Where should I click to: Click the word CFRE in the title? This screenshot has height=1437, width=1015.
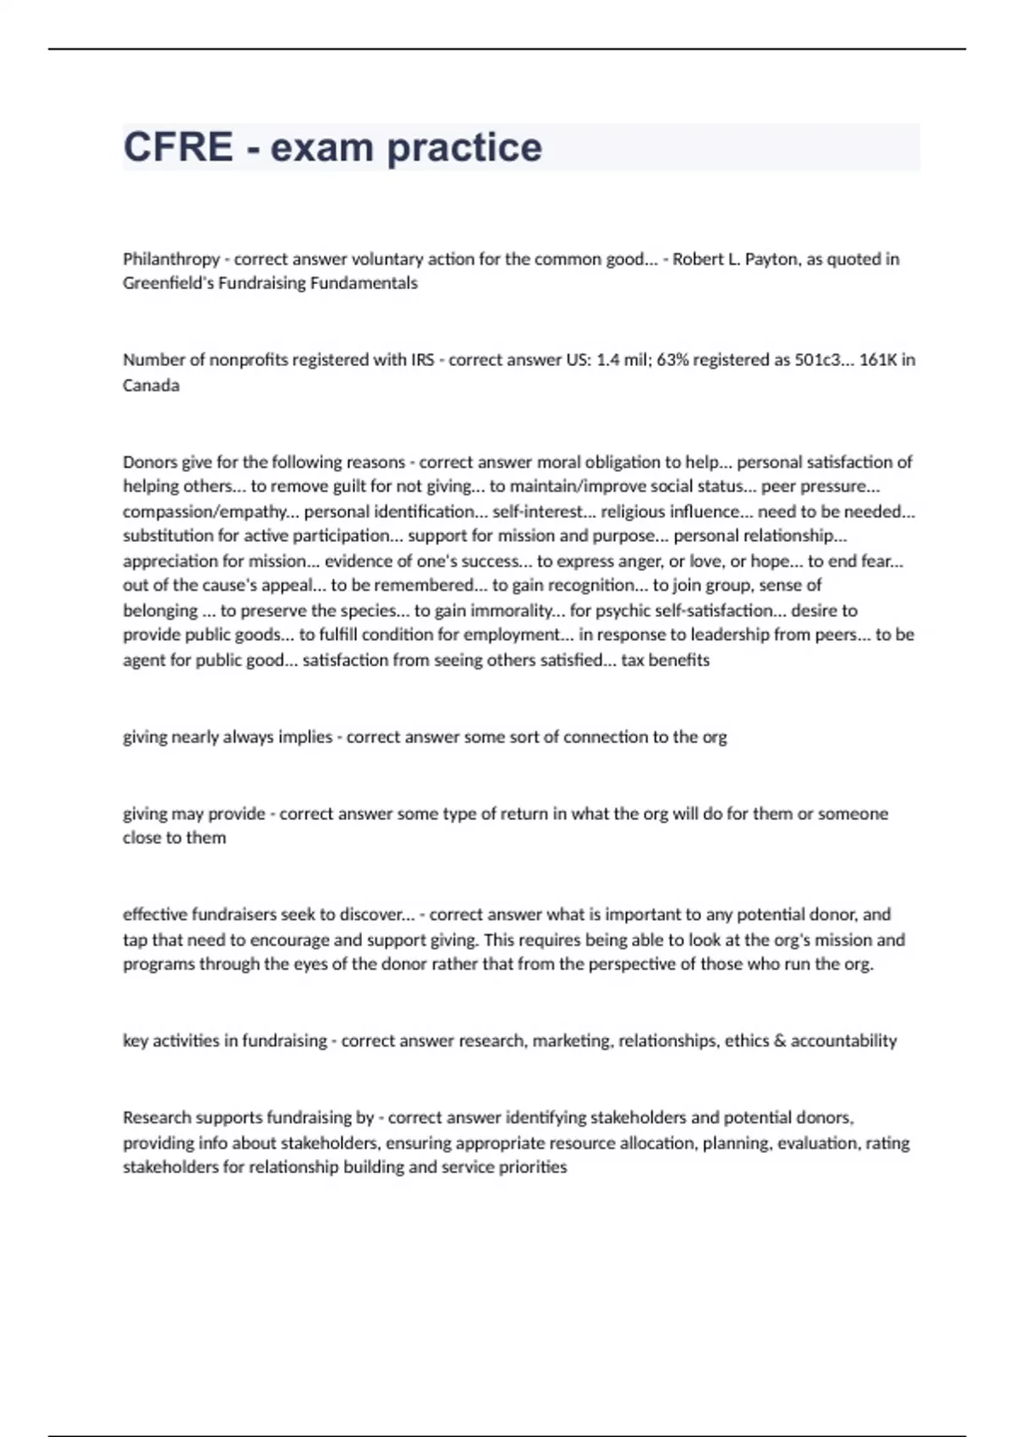(178, 147)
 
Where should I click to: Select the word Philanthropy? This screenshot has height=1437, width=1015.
(171, 259)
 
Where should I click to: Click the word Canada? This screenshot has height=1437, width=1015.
(151, 385)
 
